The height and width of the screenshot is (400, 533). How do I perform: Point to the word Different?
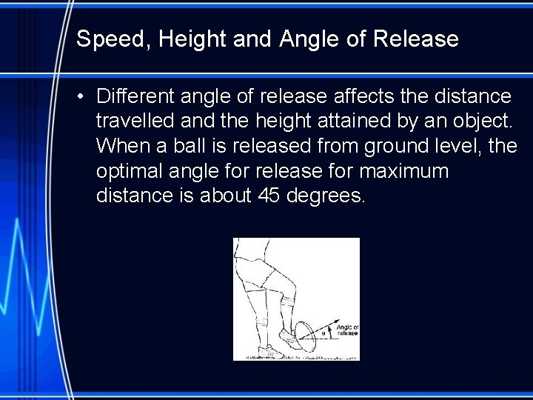point(136,97)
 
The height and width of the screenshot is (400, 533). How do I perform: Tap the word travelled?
point(134,121)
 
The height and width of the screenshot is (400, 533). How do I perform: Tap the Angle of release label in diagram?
point(346,330)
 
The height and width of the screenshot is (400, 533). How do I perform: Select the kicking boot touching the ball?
point(289,340)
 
